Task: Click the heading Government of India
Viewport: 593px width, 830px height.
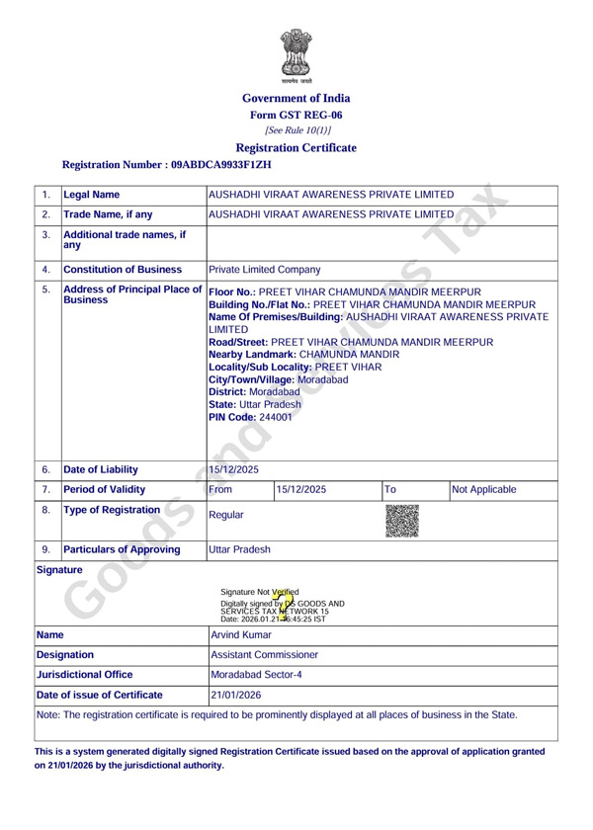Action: [x=296, y=98]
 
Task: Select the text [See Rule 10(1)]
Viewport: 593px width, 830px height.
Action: [x=296, y=130]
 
